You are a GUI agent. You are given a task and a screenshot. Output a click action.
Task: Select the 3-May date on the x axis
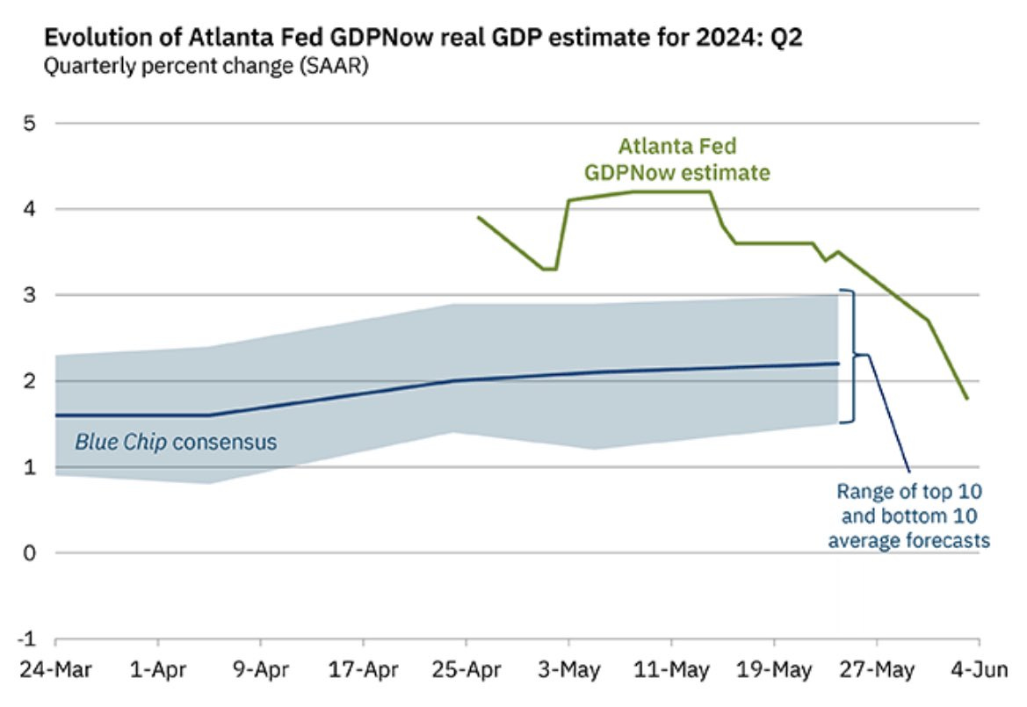tap(569, 670)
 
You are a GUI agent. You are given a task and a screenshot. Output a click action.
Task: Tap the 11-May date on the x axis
tap(671, 670)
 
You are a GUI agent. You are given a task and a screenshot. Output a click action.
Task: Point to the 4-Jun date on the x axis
tap(979, 670)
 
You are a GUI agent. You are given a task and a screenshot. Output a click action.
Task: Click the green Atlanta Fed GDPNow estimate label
tap(676, 159)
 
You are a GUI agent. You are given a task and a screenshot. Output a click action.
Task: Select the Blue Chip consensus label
tap(175, 442)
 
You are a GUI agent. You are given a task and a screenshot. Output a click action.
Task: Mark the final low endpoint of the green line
tap(967, 399)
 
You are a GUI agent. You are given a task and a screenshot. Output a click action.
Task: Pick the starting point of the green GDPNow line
tap(478, 217)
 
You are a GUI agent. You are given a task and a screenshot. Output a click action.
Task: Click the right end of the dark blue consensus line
tap(838, 363)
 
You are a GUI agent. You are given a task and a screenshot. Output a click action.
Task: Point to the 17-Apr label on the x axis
tap(364, 670)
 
